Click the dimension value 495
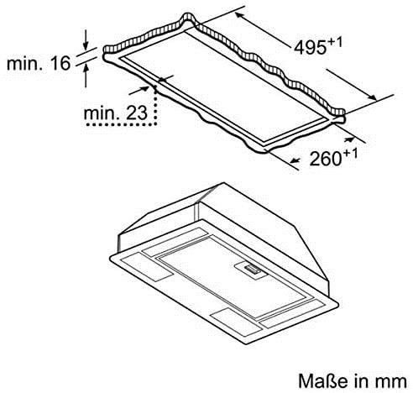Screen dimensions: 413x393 tap(311, 47)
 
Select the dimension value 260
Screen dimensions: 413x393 tap(326, 159)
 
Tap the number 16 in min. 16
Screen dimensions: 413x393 tap(60, 63)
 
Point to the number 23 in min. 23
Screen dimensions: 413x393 tap(137, 113)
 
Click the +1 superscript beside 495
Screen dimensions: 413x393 tap(335, 42)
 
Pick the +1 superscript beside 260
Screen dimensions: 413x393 tap(350, 154)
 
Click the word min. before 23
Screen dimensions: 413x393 tap(102, 113)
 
